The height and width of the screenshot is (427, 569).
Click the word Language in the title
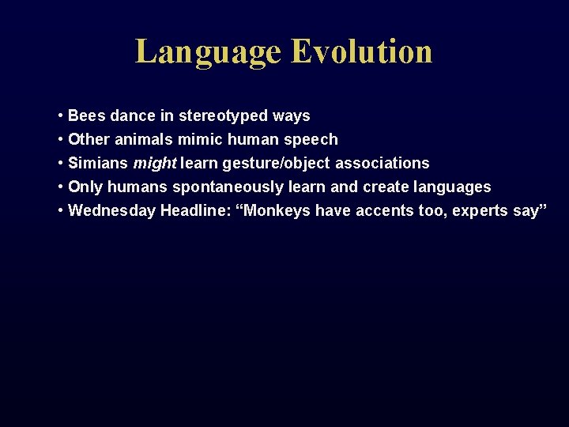pyautogui.click(x=208, y=51)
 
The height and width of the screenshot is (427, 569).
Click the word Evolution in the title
pyautogui.click(x=361, y=51)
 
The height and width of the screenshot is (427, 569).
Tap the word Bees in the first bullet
pyautogui.click(x=87, y=115)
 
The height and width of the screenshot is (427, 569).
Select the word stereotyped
pyautogui.click(x=224, y=115)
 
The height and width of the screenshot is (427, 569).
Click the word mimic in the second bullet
pyautogui.click(x=199, y=139)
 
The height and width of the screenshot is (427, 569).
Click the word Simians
pyautogui.click(x=99, y=163)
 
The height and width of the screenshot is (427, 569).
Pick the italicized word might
pyautogui.click(x=155, y=163)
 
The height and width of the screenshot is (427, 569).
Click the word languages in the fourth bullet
pyautogui.click(x=452, y=187)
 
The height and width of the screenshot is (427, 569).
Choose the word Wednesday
pyautogui.click(x=112, y=210)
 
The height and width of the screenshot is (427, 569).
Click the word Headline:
pyautogui.click(x=195, y=210)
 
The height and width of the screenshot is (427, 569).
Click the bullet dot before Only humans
pyautogui.click(x=61, y=187)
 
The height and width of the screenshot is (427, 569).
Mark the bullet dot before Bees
pyautogui.click(x=61, y=115)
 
